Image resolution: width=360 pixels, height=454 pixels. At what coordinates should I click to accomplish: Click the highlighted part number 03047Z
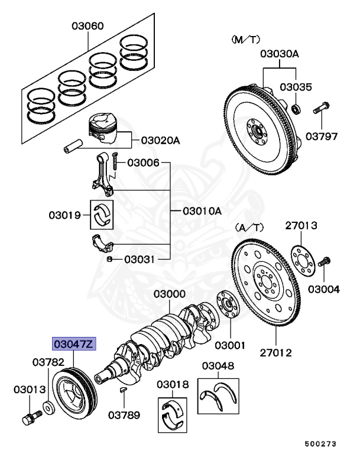[73, 344]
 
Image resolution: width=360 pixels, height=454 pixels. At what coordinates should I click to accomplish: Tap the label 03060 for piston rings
[88, 26]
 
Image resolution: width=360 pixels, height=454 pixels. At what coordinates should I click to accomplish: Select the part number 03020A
[160, 141]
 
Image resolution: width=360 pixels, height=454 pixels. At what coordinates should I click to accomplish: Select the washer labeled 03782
[47, 408]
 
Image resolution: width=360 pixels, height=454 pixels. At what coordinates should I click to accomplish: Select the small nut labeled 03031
[110, 259]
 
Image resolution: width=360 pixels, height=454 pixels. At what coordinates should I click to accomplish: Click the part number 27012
[275, 354]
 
